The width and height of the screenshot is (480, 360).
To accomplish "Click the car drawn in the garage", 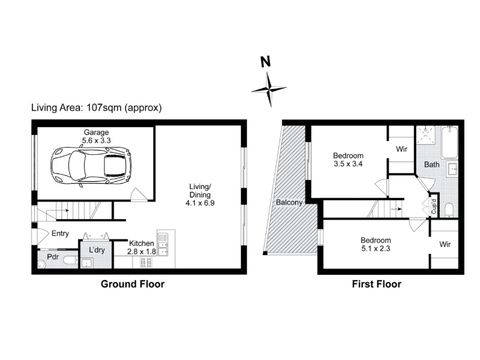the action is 91,166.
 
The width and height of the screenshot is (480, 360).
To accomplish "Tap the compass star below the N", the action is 269,89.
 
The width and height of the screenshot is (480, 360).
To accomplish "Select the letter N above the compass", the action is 266,62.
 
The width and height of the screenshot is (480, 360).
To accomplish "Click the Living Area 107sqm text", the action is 97,108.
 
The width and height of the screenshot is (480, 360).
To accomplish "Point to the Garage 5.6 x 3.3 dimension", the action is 96,140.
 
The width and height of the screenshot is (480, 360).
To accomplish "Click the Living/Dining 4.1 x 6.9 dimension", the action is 200,203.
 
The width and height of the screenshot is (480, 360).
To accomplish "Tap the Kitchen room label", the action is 142,244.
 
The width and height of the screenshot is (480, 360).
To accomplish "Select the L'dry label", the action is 97,250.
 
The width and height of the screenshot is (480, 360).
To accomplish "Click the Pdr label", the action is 53,256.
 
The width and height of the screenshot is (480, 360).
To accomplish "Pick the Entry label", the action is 61,233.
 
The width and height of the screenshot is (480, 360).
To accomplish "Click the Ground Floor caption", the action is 133,284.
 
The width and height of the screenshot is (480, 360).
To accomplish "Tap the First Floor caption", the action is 377,284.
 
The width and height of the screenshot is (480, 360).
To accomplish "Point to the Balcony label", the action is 289,202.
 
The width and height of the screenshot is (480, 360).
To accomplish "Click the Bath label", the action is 431,164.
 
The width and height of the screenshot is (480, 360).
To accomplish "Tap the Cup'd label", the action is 434,206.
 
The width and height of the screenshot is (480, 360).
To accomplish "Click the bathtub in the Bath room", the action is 449,142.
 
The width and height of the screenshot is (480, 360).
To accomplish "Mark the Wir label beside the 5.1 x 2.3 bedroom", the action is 445,244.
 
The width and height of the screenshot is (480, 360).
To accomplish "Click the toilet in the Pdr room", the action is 70,261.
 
